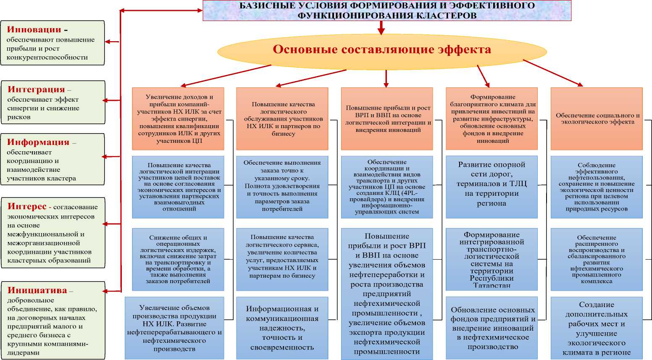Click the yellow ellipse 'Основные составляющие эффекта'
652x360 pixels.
click(x=381, y=50)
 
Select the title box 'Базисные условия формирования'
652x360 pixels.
click(x=386, y=11)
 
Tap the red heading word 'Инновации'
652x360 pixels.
click(x=34, y=30)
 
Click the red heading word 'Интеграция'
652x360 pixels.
click(x=36, y=89)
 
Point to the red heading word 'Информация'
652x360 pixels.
click(x=38, y=142)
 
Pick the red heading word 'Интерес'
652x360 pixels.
click(x=27, y=206)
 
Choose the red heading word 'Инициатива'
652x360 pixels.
click(x=37, y=290)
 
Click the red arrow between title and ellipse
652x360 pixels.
click(x=381, y=28)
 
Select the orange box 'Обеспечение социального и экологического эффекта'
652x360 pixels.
click(x=597, y=118)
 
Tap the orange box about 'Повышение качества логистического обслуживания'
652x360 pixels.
click(x=282, y=118)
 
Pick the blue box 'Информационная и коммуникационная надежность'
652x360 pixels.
click(x=282, y=328)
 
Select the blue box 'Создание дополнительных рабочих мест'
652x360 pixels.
click(x=597, y=328)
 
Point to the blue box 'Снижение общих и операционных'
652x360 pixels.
click(x=178, y=259)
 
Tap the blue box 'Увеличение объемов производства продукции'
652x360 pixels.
click(x=174, y=328)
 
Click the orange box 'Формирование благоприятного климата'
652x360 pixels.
click(x=492, y=118)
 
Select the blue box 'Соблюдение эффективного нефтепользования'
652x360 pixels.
click(x=597, y=187)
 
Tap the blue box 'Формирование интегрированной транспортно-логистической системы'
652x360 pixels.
click(x=492, y=259)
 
